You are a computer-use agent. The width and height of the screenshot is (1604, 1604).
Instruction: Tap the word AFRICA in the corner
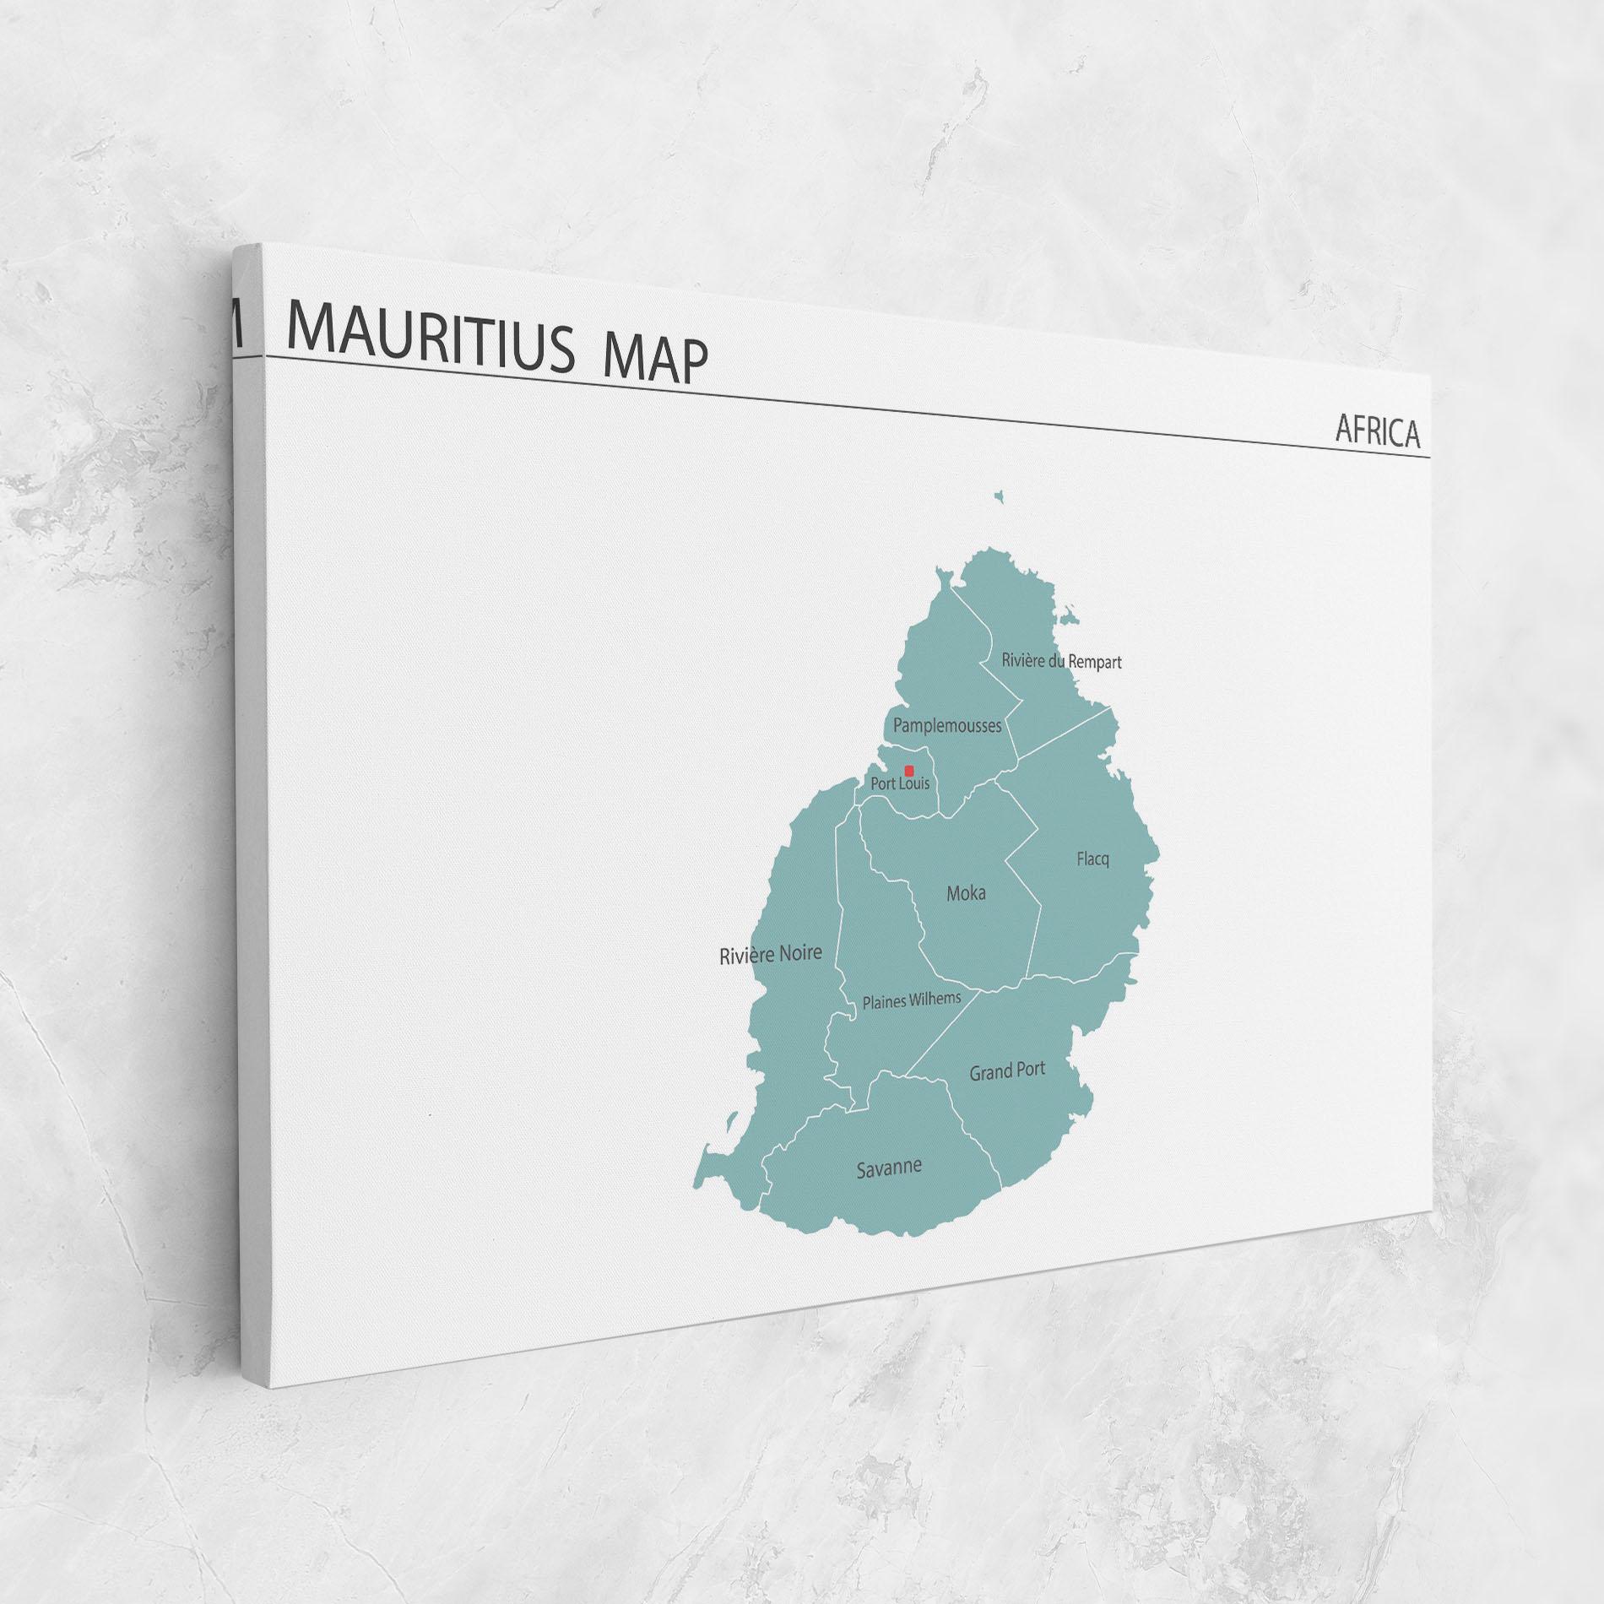[x=1377, y=432]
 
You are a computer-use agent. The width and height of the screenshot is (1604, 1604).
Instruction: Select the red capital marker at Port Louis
[x=909, y=771]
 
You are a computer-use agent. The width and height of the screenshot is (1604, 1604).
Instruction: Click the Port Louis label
[x=900, y=784]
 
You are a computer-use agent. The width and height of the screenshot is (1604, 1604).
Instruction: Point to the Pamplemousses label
[x=947, y=725]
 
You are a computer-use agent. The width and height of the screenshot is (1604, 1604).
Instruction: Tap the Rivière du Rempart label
[x=1061, y=661]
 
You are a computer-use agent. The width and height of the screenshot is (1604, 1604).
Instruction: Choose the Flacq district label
[x=1092, y=859]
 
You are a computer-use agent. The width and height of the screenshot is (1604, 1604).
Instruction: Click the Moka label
[x=966, y=893]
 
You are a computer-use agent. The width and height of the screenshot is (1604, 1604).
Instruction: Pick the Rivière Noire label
[x=770, y=955]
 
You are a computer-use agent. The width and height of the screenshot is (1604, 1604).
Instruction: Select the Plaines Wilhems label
[x=911, y=1001]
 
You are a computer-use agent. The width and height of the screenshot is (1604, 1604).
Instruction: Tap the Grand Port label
[x=1006, y=1071]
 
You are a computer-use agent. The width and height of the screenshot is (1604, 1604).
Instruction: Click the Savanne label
[x=888, y=1169]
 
